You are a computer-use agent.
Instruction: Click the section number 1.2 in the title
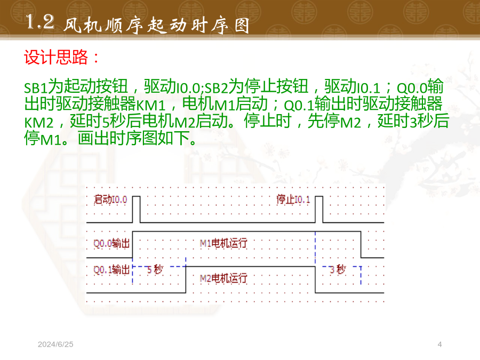point(40,22)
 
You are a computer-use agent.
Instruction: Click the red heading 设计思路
point(56,57)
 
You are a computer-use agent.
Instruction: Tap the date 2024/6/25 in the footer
point(55,345)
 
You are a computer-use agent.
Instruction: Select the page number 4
point(439,345)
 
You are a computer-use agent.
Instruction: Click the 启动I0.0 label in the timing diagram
point(110,199)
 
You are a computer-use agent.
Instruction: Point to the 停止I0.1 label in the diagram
point(293,199)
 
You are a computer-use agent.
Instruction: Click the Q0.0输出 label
point(111,243)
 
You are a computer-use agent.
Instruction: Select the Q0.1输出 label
point(111,270)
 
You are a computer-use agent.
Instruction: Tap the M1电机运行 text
point(223,243)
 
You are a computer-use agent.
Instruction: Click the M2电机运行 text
point(223,278)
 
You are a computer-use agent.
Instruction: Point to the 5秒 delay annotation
point(155,269)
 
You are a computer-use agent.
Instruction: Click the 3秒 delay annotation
point(338,269)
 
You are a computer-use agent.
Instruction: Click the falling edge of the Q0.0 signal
point(361,245)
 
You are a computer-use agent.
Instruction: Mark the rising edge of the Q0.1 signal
point(186,279)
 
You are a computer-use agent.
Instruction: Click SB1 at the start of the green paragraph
point(36,88)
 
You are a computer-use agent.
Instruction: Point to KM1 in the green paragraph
point(150,105)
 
